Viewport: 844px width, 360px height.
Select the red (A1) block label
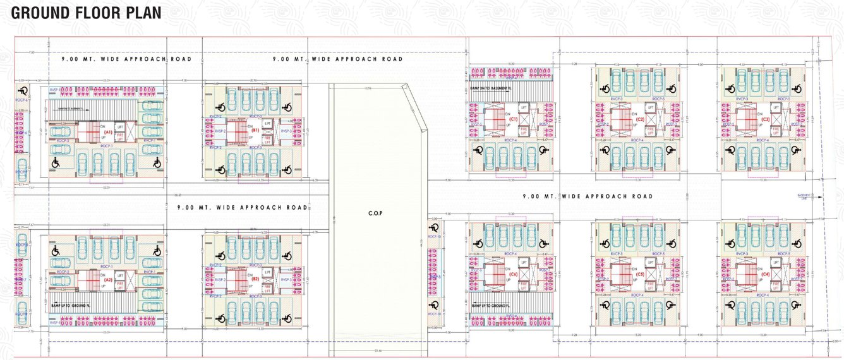click(x=108, y=133)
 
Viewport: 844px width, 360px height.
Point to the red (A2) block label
click(x=108, y=279)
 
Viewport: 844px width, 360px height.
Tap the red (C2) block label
click(x=640, y=119)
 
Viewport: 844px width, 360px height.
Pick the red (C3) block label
click(x=765, y=119)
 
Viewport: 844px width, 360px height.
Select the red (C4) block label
click(x=765, y=274)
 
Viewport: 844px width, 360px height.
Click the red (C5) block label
click(x=640, y=274)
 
